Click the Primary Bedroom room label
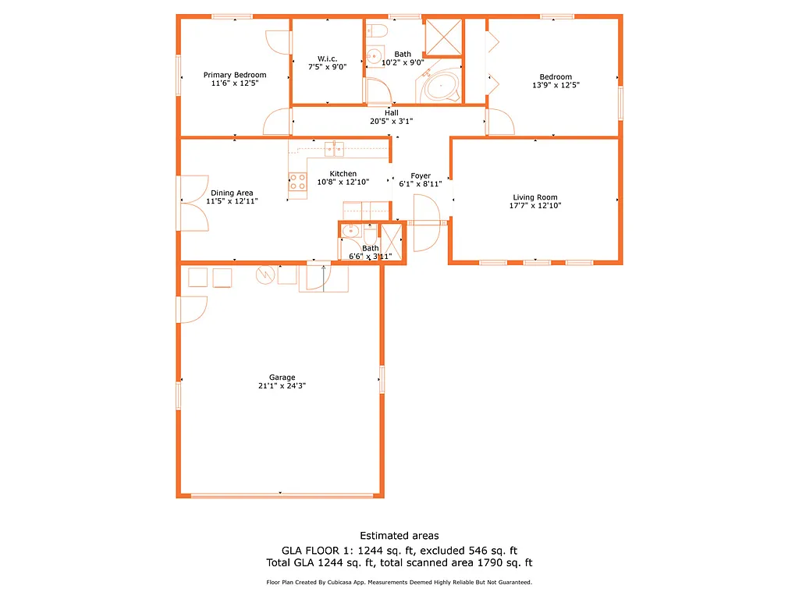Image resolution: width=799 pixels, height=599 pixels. (235, 75)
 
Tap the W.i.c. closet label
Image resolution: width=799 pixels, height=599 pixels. (326, 58)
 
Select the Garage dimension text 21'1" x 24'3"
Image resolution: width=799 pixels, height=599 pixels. (282, 385)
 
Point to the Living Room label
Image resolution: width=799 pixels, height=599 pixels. (534, 197)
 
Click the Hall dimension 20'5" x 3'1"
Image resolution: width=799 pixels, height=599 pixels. (391, 121)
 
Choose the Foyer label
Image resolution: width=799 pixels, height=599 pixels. (421, 175)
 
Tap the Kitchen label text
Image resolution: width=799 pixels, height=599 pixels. (343, 173)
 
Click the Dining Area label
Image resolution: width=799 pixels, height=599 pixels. (232, 193)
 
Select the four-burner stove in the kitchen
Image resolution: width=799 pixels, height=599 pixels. (297, 183)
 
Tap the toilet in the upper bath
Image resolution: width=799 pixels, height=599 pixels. (378, 31)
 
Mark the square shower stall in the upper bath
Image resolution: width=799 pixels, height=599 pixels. (442, 35)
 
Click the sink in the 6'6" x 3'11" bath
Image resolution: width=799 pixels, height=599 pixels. (350, 231)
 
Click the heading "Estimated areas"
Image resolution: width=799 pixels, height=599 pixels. (399, 536)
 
